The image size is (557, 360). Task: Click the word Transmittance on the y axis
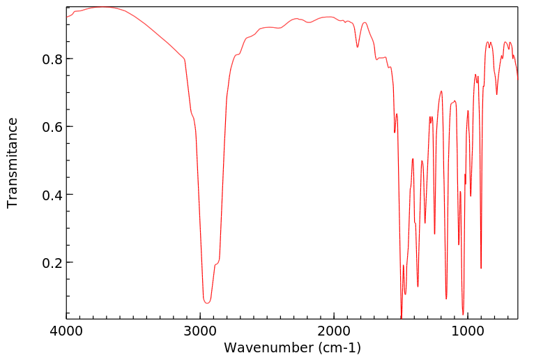coord(13,163)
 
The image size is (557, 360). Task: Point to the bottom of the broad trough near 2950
coord(206,303)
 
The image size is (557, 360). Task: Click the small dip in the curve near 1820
coord(358,47)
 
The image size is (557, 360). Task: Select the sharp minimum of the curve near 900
coord(481,268)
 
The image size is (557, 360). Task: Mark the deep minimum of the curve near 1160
coord(446,299)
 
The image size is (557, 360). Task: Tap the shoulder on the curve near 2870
coord(217,264)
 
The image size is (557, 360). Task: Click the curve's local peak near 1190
coord(441,91)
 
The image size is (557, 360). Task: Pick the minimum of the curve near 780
coord(496,94)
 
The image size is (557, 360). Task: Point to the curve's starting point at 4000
coord(67,17)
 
